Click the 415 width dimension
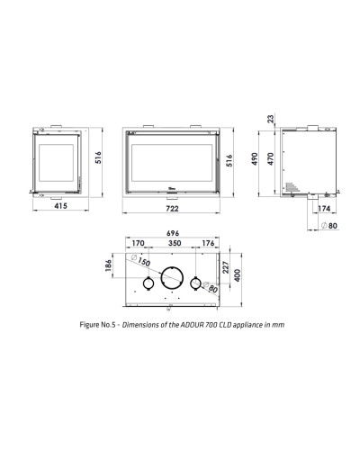(60, 206)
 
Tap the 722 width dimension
(172, 209)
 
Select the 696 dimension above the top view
(173, 233)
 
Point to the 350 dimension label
(175, 243)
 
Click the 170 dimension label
(138, 243)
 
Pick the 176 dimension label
(208, 243)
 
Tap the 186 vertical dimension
(109, 265)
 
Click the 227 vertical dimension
(226, 267)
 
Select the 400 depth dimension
(238, 275)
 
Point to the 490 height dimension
(255, 159)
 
